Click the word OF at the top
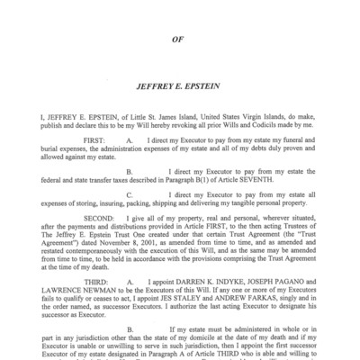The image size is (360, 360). click(x=180, y=38)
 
